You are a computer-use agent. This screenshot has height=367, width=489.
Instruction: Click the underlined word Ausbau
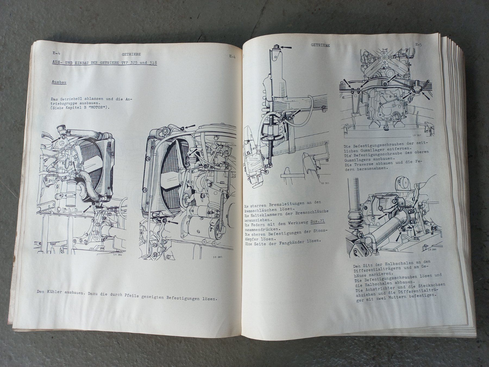[59, 82]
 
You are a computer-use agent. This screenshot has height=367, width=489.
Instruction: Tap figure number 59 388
[431, 249]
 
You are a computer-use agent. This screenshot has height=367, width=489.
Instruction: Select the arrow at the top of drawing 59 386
[286, 47]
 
